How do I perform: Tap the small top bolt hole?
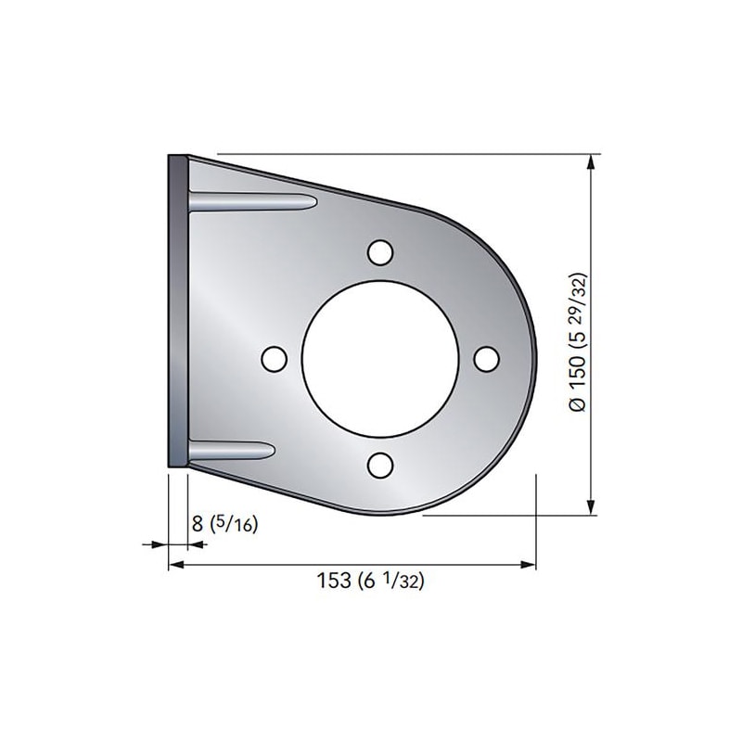tap(380, 252)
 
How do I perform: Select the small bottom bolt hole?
tap(380, 466)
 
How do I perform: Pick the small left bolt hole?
tap(274, 359)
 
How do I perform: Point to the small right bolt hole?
tap(486, 359)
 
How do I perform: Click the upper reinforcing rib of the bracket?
tap(252, 202)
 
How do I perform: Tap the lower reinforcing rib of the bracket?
tap(231, 451)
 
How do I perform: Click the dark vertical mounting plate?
tap(178, 312)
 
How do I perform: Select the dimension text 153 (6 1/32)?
tap(370, 581)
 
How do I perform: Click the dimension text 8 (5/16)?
tap(224, 524)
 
